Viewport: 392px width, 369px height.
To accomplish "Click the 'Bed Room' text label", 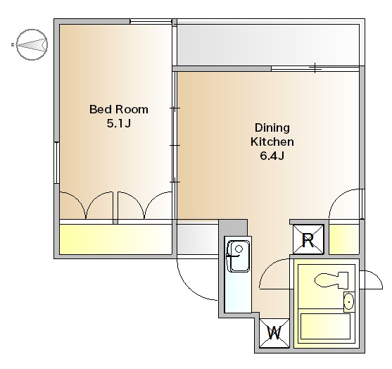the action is pyautogui.click(x=119, y=110).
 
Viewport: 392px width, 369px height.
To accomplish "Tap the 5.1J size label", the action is pyautogui.click(x=119, y=123).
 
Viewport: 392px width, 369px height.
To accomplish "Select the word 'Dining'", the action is pyautogui.click(x=272, y=128).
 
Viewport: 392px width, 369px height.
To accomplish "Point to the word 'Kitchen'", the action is pyautogui.click(x=272, y=142).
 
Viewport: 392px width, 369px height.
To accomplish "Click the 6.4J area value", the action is pyautogui.click(x=272, y=156).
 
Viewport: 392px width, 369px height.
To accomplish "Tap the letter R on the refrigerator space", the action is pyautogui.click(x=308, y=240).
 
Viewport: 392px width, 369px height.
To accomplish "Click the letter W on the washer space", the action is pyautogui.click(x=274, y=333).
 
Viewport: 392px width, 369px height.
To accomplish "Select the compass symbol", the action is pyautogui.click(x=32, y=45).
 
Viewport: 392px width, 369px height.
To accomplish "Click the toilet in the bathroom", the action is pyautogui.click(x=331, y=280).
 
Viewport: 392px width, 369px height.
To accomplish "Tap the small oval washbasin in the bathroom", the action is pyautogui.click(x=349, y=301).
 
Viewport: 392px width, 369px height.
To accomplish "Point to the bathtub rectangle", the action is pyautogui.click(x=325, y=327).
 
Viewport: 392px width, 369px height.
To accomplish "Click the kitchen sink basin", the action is pyautogui.click(x=239, y=256).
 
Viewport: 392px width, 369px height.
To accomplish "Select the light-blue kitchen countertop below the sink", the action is pyautogui.click(x=238, y=292).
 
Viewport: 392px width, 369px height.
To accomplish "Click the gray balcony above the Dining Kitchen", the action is pyautogui.click(x=268, y=45).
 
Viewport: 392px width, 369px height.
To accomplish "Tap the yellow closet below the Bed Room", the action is pyautogui.click(x=115, y=239).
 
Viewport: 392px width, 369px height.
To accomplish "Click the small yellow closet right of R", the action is pyautogui.click(x=344, y=239).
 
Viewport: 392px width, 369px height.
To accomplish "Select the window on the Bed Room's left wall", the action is pyautogui.click(x=57, y=163).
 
